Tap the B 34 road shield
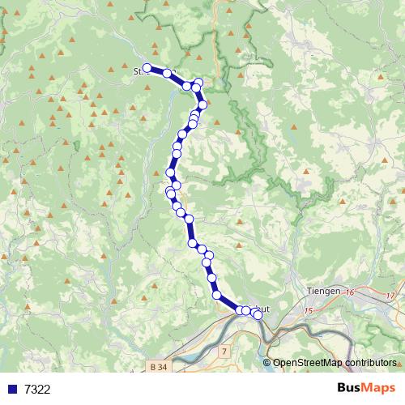[160, 367]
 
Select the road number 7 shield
[224, 352]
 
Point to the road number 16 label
[350, 292]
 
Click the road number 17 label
[390, 296]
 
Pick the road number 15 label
[308, 310]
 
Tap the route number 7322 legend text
[37, 389]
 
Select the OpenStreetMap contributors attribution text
[334, 362]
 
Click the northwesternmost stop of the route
[147, 68]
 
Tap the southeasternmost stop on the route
[258, 315]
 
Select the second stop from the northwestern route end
[168, 73]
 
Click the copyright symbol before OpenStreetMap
[268, 363]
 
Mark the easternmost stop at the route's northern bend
[202, 104]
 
